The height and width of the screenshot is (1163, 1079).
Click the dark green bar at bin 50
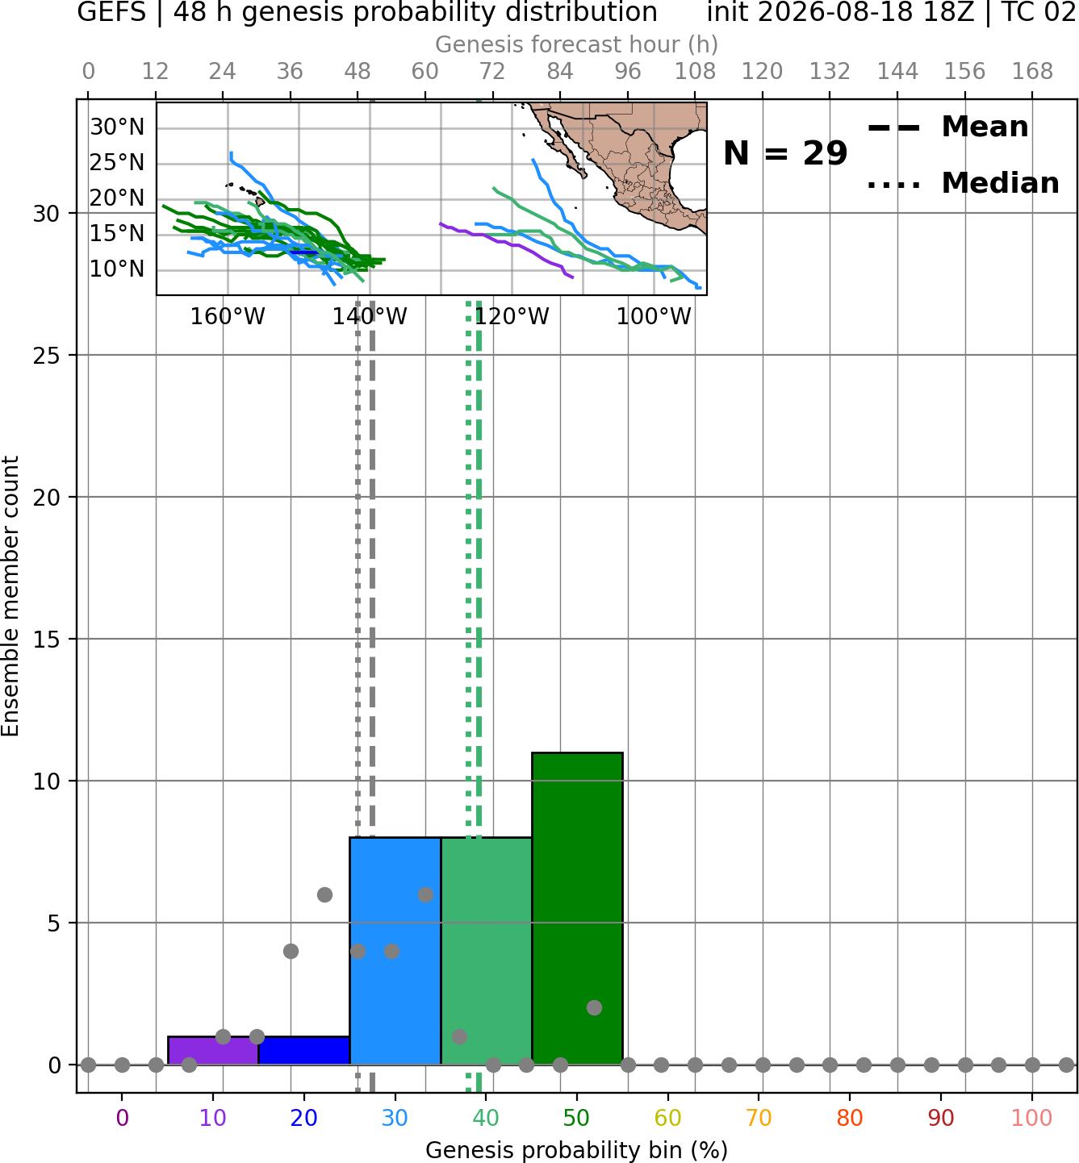tap(577, 908)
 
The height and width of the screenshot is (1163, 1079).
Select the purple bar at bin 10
tap(213, 1051)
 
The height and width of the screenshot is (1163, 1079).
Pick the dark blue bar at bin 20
tap(304, 1051)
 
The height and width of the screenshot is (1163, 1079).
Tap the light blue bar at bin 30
tap(395, 951)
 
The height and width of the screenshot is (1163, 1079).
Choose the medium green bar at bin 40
tap(486, 951)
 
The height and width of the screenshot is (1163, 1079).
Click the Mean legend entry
tap(947, 127)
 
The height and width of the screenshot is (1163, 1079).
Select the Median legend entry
tap(963, 183)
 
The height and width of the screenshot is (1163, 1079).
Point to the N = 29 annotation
tap(785, 153)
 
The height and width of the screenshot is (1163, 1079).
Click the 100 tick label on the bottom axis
tap(1031, 1118)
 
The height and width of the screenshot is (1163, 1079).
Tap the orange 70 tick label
tap(759, 1118)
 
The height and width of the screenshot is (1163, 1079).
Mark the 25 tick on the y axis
tap(47, 356)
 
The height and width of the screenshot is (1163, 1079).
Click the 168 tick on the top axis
tap(1032, 72)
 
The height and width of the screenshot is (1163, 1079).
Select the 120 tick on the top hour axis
tap(762, 72)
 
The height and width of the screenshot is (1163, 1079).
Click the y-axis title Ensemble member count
tap(10, 596)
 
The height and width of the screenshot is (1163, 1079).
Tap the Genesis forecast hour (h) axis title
tap(577, 44)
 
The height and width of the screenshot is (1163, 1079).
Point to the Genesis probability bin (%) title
tap(577, 1150)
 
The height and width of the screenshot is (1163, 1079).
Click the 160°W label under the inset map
tap(228, 317)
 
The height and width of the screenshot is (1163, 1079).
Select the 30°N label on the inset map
tap(117, 127)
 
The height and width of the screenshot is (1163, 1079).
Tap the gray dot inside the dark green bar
tap(594, 1008)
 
